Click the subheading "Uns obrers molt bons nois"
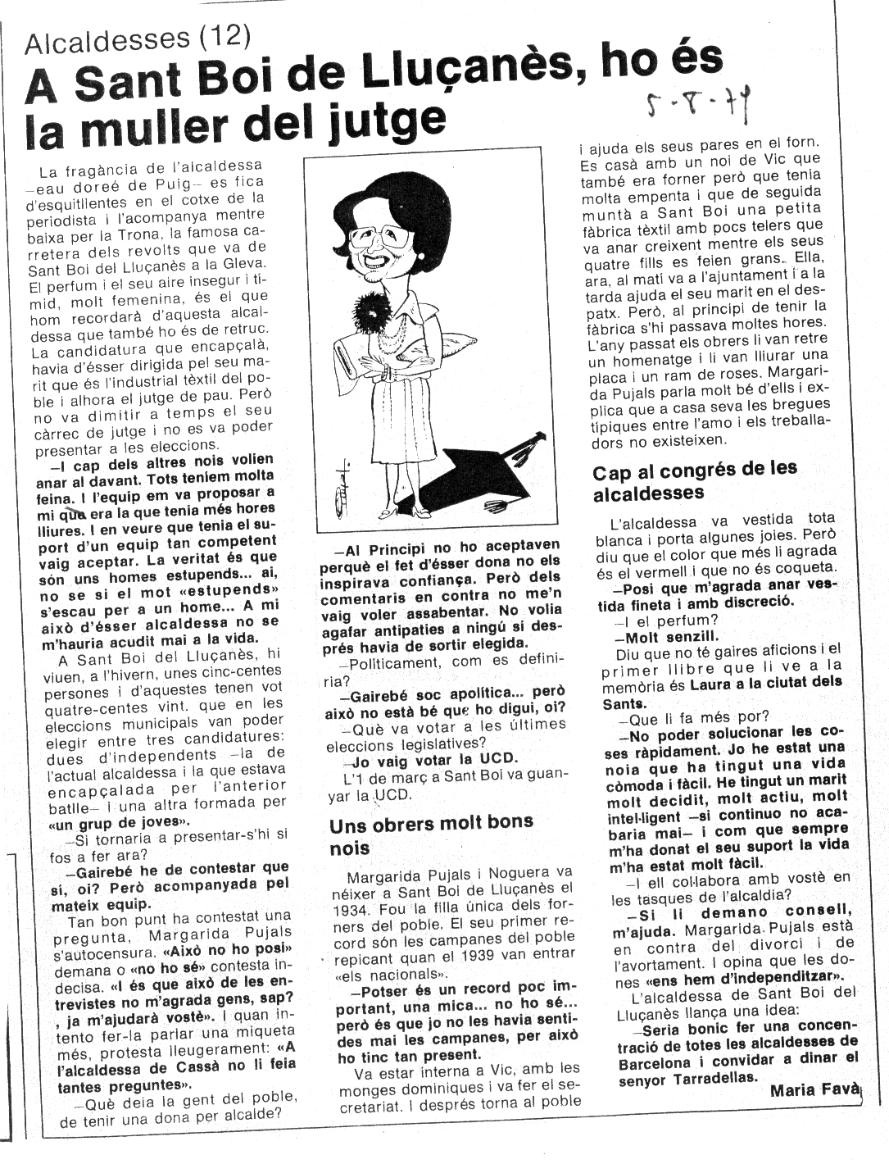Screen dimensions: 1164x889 pos(430,834)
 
